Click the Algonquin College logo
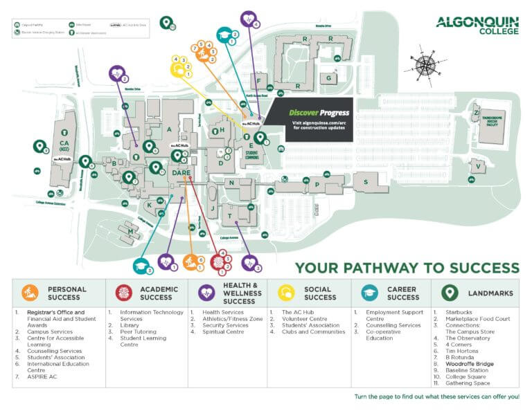tap(477, 26)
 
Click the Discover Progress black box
tap(310, 120)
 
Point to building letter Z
tap(477, 112)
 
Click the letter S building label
tap(365, 181)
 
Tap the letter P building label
tap(317, 185)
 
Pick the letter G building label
tap(328, 78)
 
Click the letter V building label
tap(477, 165)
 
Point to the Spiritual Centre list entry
tap(223, 331)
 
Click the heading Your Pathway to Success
tap(407, 268)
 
